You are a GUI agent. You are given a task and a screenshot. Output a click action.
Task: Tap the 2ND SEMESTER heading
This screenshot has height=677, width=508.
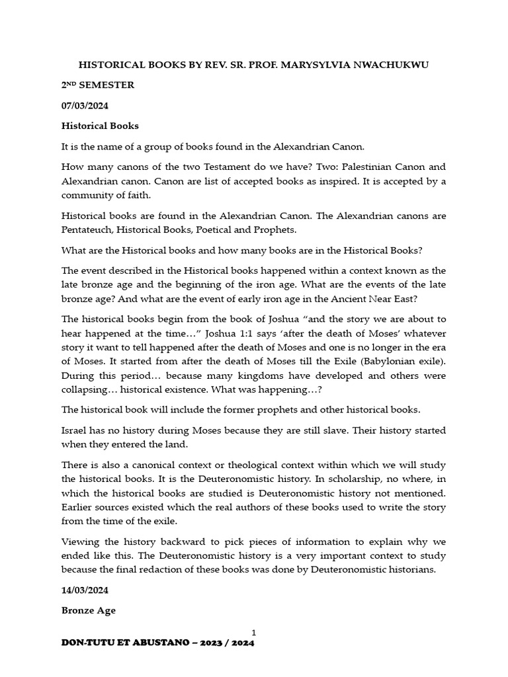(x=97, y=85)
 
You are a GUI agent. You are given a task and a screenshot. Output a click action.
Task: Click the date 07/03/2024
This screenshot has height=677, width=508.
(x=85, y=105)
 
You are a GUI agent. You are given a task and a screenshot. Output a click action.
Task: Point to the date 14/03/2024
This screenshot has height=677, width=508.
(x=85, y=590)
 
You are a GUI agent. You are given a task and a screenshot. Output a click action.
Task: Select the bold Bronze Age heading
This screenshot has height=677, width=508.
(x=88, y=610)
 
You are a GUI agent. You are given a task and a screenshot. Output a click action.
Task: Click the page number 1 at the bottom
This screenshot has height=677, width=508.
(x=253, y=633)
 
